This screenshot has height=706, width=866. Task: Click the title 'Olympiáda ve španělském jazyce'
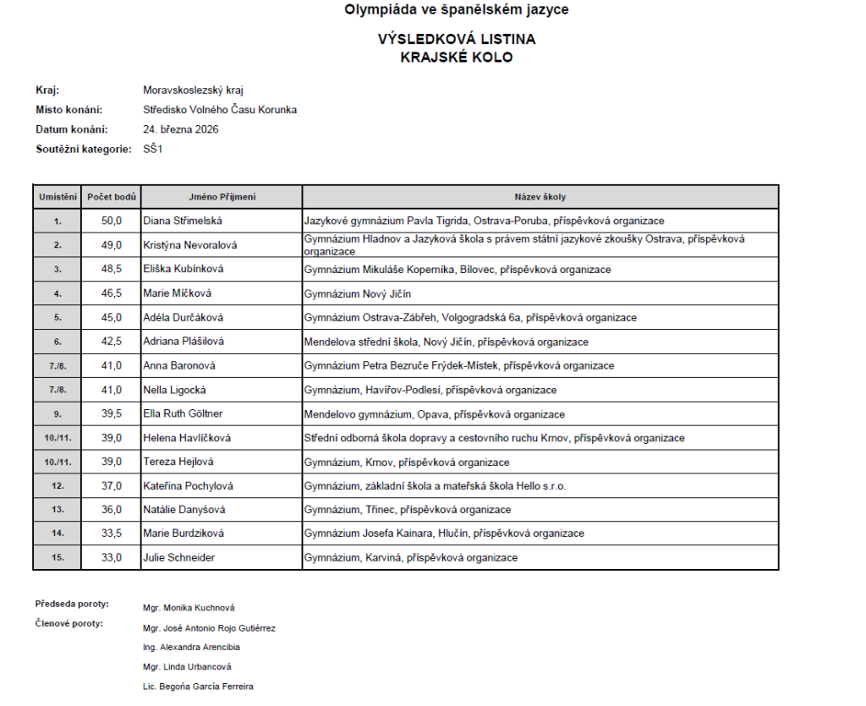click(x=456, y=10)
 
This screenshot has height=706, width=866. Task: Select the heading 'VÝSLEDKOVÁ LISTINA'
click(x=456, y=40)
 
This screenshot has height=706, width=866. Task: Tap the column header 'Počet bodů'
click(x=112, y=197)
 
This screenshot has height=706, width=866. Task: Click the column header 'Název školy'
click(x=540, y=197)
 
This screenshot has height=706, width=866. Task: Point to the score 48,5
click(x=112, y=269)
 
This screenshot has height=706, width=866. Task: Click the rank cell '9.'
click(x=58, y=414)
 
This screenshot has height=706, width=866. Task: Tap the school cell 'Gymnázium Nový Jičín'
click(x=359, y=293)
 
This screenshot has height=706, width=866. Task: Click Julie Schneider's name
click(x=179, y=558)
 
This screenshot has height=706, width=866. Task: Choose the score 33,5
click(x=112, y=534)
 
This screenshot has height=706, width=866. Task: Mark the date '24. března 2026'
click(x=181, y=129)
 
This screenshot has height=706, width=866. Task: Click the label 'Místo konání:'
click(x=69, y=110)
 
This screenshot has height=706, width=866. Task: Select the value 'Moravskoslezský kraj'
click(x=194, y=90)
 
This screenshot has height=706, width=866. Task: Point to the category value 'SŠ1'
click(x=152, y=150)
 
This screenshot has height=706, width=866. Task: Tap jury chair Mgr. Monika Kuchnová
click(x=189, y=608)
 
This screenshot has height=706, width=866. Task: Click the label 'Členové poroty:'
click(x=69, y=624)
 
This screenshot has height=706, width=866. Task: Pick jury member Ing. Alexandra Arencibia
click(x=192, y=648)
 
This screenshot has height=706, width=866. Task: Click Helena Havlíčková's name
click(x=187, y=438)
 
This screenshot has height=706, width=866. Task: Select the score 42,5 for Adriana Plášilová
click(x=112, y=342)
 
